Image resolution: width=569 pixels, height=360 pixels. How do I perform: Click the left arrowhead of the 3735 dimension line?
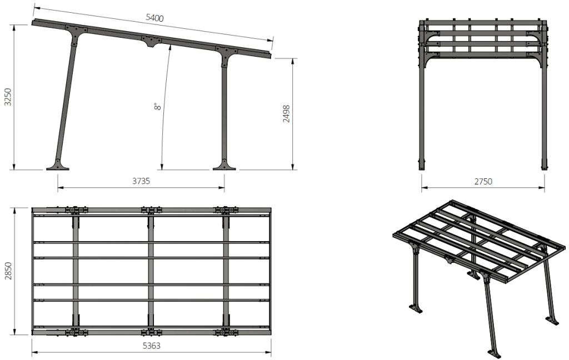point(60,188)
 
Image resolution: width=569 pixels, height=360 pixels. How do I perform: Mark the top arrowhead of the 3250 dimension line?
point(14,28)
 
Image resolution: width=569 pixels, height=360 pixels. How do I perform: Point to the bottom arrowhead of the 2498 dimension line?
point(292,167)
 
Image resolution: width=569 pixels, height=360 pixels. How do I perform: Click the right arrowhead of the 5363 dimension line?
point(268,352)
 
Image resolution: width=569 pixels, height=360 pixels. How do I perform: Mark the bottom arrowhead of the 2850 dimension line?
point(14,332)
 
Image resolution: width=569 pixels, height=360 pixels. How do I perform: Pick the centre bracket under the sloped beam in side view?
point(152,41)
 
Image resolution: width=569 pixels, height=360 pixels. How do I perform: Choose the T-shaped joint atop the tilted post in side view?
point(76,34)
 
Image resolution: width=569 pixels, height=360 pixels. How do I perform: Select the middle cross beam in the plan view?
point(151,271)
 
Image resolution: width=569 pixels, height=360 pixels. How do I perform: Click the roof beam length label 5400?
point(154,18)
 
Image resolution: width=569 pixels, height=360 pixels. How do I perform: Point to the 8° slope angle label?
point(157,106)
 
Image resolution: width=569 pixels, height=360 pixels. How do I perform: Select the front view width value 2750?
point(483,182)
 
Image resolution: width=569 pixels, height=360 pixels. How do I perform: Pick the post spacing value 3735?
point(141,181)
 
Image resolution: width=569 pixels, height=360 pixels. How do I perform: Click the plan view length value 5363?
point(151,346)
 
